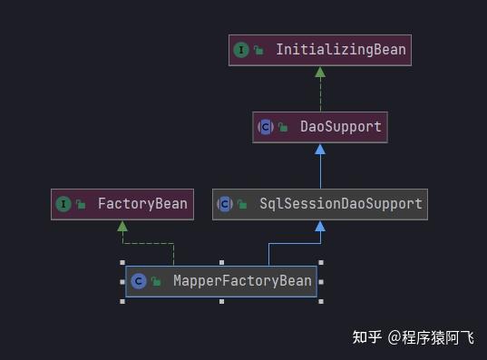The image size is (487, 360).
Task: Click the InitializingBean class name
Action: [341, 50]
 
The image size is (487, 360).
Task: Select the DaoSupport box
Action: [319, 127]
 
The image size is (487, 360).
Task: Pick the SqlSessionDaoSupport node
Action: [319, 204]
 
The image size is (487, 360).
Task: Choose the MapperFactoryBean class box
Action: [221, 281]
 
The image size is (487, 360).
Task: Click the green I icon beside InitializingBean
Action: [241, 50]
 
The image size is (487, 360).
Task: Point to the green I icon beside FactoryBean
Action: [63, 204]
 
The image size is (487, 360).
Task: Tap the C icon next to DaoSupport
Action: [266, 127]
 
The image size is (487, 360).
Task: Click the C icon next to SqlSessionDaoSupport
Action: [225, 204]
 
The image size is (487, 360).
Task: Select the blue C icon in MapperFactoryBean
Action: [138, 281]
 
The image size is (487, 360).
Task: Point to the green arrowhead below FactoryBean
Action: [122, 225]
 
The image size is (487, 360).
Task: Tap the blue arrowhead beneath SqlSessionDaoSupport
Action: [319, 225]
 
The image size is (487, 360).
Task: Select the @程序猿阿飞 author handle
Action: [430, 337]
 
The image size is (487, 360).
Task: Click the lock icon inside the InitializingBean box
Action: [259, 51]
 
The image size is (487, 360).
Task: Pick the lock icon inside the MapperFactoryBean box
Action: [156, 282]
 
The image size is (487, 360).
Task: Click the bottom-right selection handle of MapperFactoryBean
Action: [320, 300]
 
